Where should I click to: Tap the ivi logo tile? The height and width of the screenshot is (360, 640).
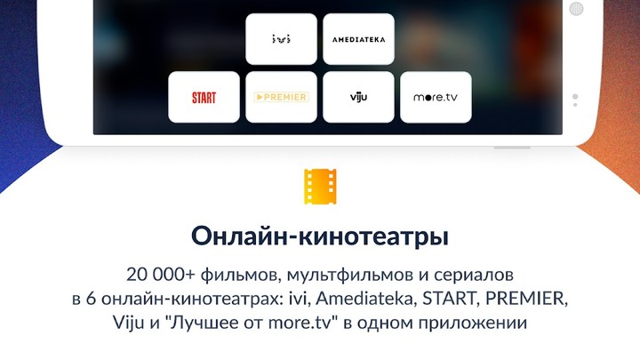click(281, 39)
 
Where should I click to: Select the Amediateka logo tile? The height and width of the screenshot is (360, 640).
click(358, 39)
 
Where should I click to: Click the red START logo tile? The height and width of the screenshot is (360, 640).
click(204, 97)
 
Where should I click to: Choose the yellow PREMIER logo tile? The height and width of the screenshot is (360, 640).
click(281, 97)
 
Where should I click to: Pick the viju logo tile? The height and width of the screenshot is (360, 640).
click(358, 97)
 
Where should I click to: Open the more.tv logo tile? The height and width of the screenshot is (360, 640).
click(436, 97)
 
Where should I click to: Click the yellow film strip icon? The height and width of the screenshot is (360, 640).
click(320, 187)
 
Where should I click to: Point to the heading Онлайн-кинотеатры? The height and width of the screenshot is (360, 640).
click(320, 237)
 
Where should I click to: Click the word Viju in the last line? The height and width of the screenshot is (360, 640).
click(129, 321)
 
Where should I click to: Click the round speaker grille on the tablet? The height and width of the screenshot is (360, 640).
click(576, 9)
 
